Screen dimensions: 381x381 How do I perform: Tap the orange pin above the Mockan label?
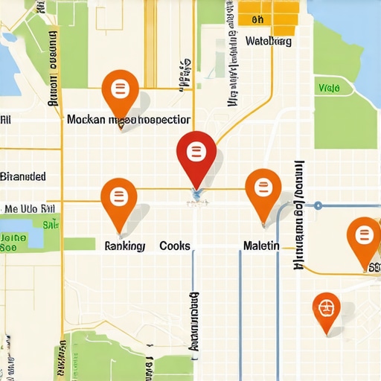coord(119,92)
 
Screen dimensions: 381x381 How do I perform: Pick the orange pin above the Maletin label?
coord(263,190)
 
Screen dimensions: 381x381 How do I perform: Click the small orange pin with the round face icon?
coord(326,307)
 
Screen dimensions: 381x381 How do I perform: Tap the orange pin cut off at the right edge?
coord(364,237)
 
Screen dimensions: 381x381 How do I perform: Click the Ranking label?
coord(125,246)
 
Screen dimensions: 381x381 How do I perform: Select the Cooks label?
coord(175,246)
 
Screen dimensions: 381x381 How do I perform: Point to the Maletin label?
coord(261,246)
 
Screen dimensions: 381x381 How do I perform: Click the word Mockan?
coord(86,119)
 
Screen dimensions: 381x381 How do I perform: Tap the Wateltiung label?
coord(268,42)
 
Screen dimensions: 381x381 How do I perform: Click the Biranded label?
coord(23,177)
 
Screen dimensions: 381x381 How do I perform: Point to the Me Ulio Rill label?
coord(31,209)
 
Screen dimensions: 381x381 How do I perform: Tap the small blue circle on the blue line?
coord(318,205)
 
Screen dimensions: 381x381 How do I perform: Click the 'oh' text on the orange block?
coord(258,20)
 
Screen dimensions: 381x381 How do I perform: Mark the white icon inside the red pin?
coord(196,152)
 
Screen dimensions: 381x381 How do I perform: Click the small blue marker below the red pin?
coord(196,196)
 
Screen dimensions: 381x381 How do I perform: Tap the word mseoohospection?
coord(150,119)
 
